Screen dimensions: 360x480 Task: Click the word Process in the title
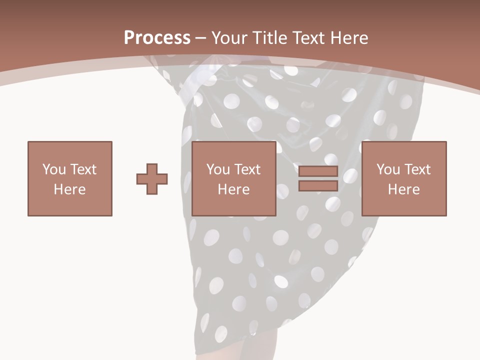pos(157,37)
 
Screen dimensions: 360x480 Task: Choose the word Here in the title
pos(350,37)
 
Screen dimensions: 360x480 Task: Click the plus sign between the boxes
pos(152,179)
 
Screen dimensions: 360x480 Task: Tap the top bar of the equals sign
pos(318,171)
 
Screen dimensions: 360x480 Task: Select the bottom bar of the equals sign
pos(318,186)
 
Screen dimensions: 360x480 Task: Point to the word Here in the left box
pos(69,189)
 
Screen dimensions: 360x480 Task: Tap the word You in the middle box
pos(218,169)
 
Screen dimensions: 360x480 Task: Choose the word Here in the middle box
pos(233,189)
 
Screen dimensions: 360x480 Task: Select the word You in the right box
pos(388,169)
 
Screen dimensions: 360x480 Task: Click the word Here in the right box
pos(403,189)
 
